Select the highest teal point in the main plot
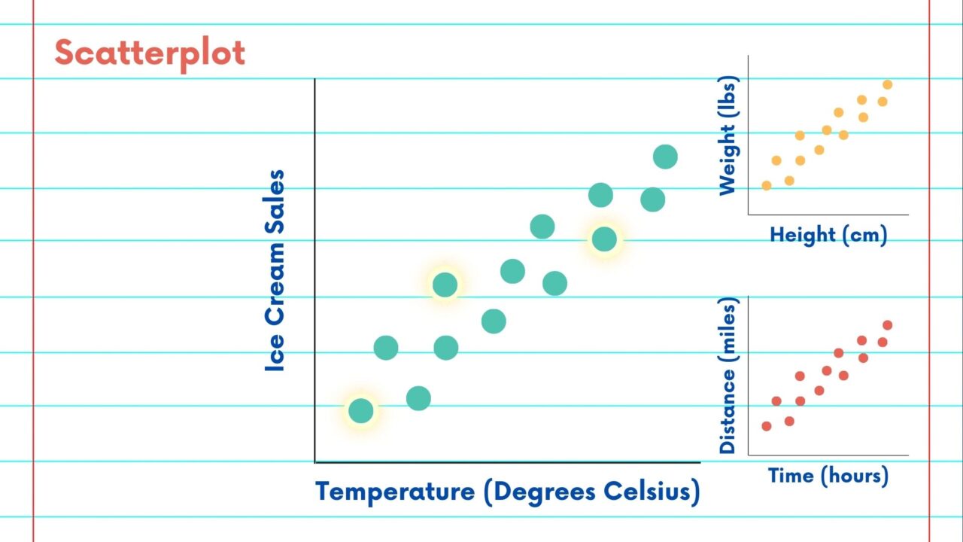[665, 157]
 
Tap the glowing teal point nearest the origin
[361, 410]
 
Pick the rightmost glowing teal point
[604, 239]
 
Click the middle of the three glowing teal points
[445, 285]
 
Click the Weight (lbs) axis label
[728, 135]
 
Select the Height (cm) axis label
[828, 235]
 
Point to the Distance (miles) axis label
[728, 375]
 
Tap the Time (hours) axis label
[828, 476]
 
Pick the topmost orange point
[888, 84]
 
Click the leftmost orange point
[767, 185]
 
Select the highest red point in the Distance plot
[888, 325]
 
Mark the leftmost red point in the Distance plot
[767, 426]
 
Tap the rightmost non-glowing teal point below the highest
[652, 199]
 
